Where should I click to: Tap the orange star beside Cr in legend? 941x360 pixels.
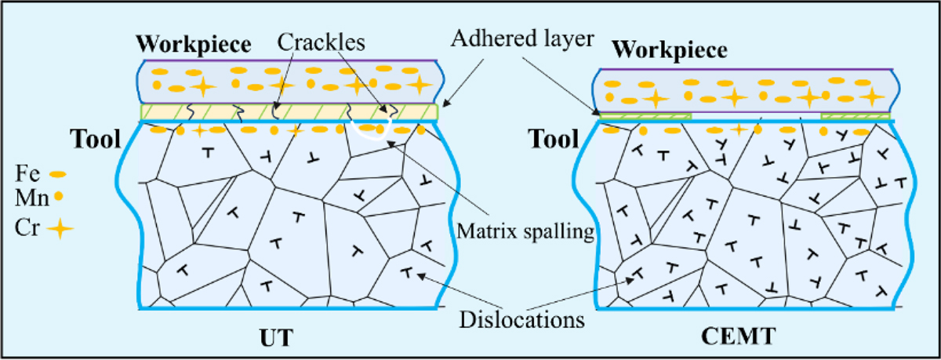click(62, 228)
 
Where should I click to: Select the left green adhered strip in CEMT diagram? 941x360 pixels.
click(645, 117)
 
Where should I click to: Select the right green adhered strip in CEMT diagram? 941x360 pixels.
click(856, 117)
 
